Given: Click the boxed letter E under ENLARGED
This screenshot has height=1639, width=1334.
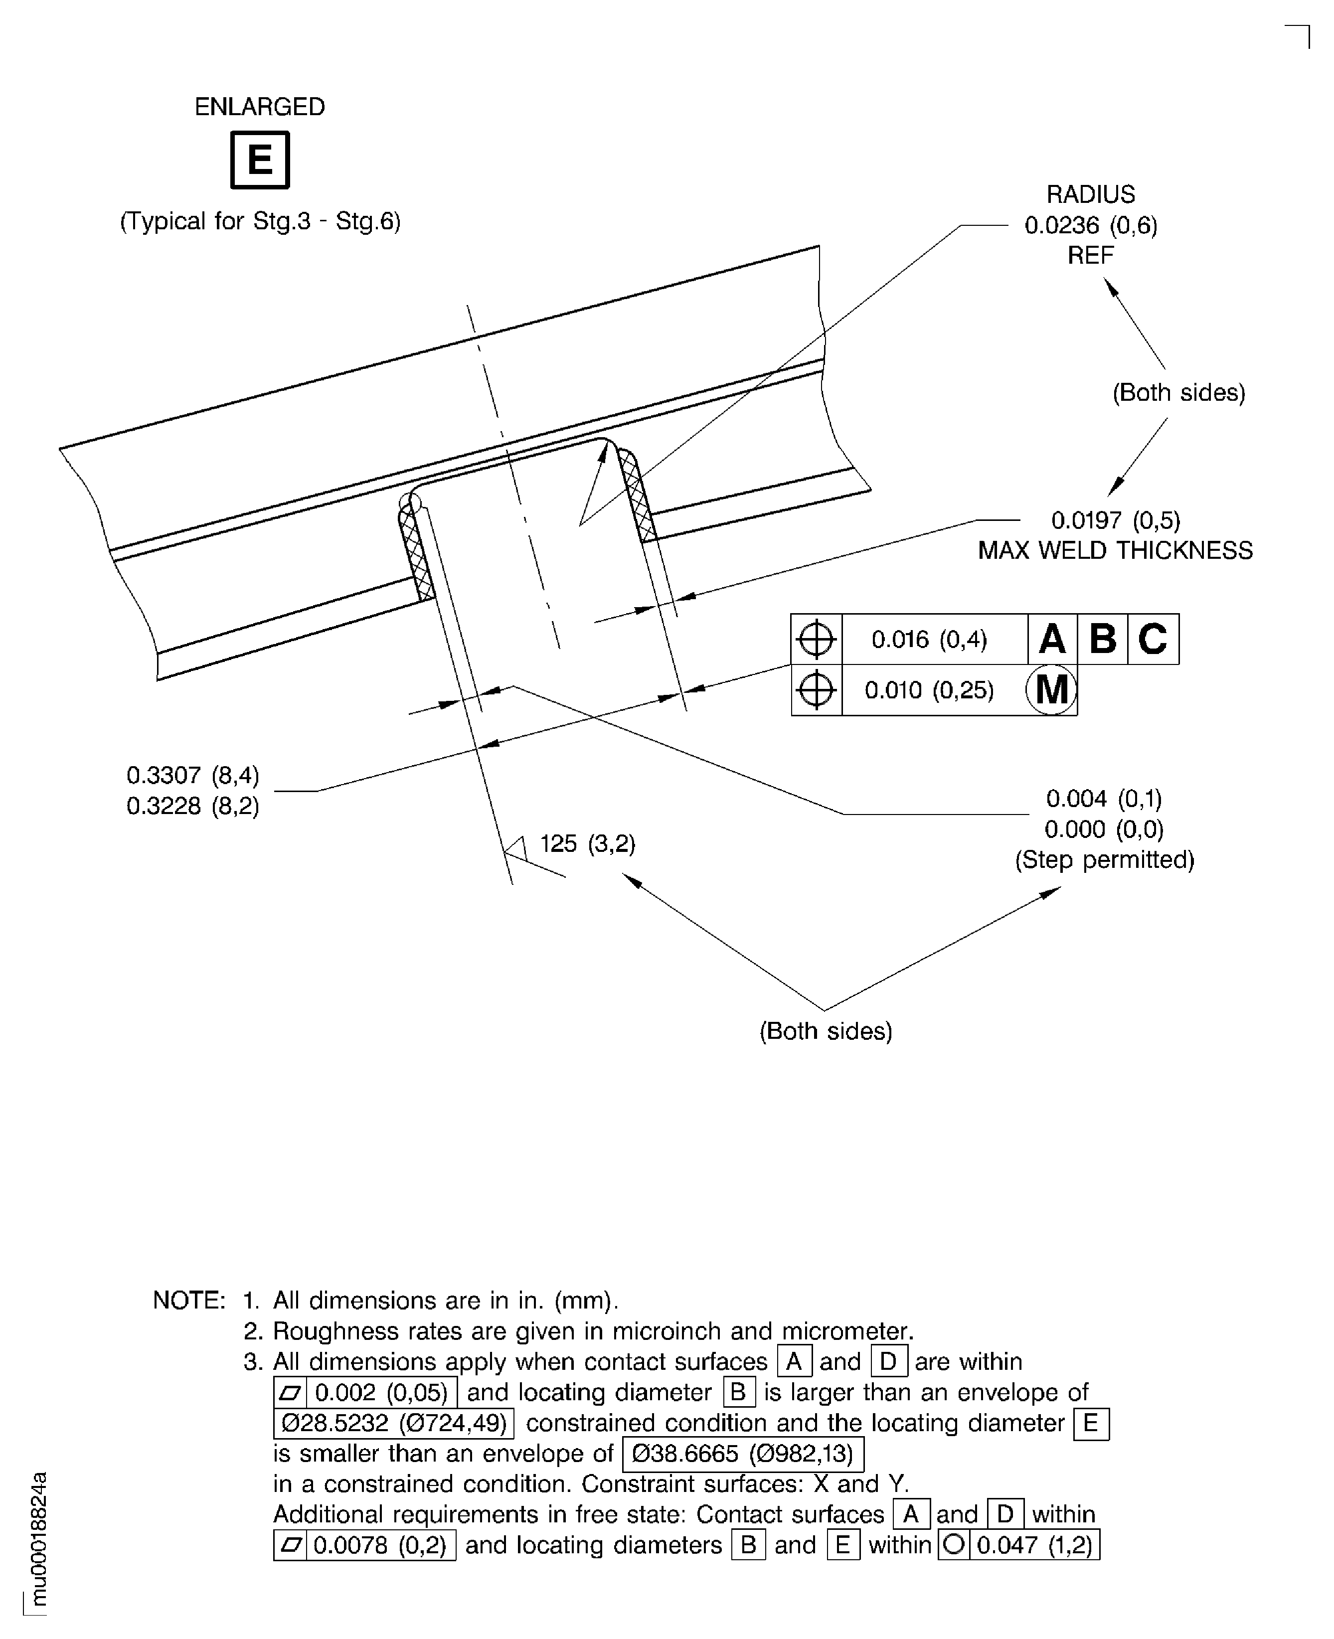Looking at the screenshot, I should [x=260, y=160].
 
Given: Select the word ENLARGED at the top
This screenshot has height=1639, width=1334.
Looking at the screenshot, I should [x=260, y=107].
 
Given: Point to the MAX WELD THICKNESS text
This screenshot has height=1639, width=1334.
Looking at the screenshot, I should [x=1115, y=550].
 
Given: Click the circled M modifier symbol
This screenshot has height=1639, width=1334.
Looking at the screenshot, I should [x=1052, y=689].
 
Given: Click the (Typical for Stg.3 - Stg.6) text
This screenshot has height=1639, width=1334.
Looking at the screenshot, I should [x=260, y=221].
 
